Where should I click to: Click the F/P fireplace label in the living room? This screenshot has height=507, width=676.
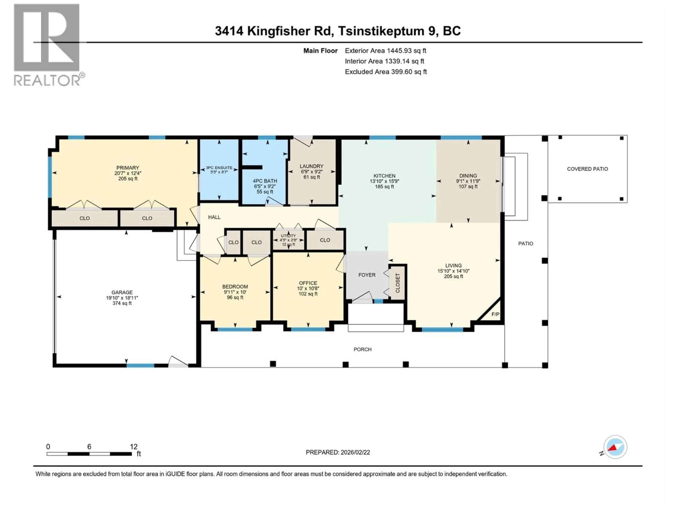495,314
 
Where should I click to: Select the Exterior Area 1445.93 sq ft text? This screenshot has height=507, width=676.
385,51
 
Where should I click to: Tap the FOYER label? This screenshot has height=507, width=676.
367,275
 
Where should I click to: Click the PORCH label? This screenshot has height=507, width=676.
362,349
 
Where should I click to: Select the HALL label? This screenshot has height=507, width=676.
214,217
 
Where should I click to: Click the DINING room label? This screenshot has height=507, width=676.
468,176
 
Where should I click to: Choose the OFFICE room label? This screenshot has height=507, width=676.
308,283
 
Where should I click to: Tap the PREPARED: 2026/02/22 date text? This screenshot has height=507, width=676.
338,452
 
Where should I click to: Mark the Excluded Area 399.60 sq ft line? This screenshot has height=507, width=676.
386,72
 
